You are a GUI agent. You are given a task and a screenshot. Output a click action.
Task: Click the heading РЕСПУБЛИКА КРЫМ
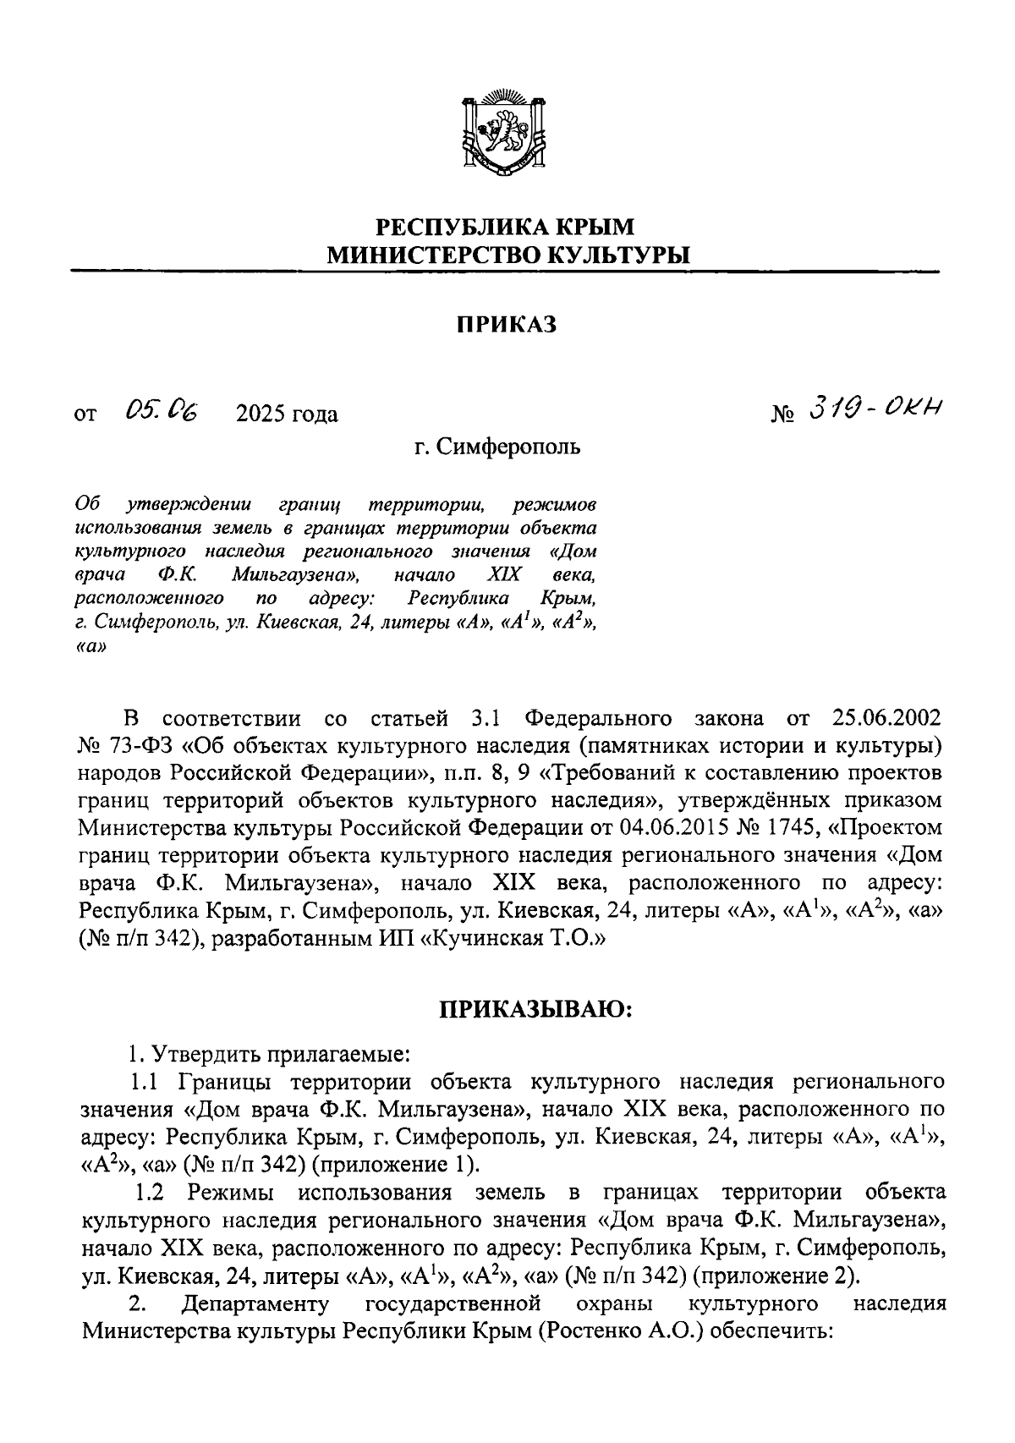coord(505,227)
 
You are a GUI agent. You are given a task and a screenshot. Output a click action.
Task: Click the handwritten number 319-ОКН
coord(875,410)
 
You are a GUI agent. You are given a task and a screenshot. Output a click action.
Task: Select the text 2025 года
coord(287,414)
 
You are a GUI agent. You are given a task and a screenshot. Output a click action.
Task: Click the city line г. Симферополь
coord(497,447)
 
